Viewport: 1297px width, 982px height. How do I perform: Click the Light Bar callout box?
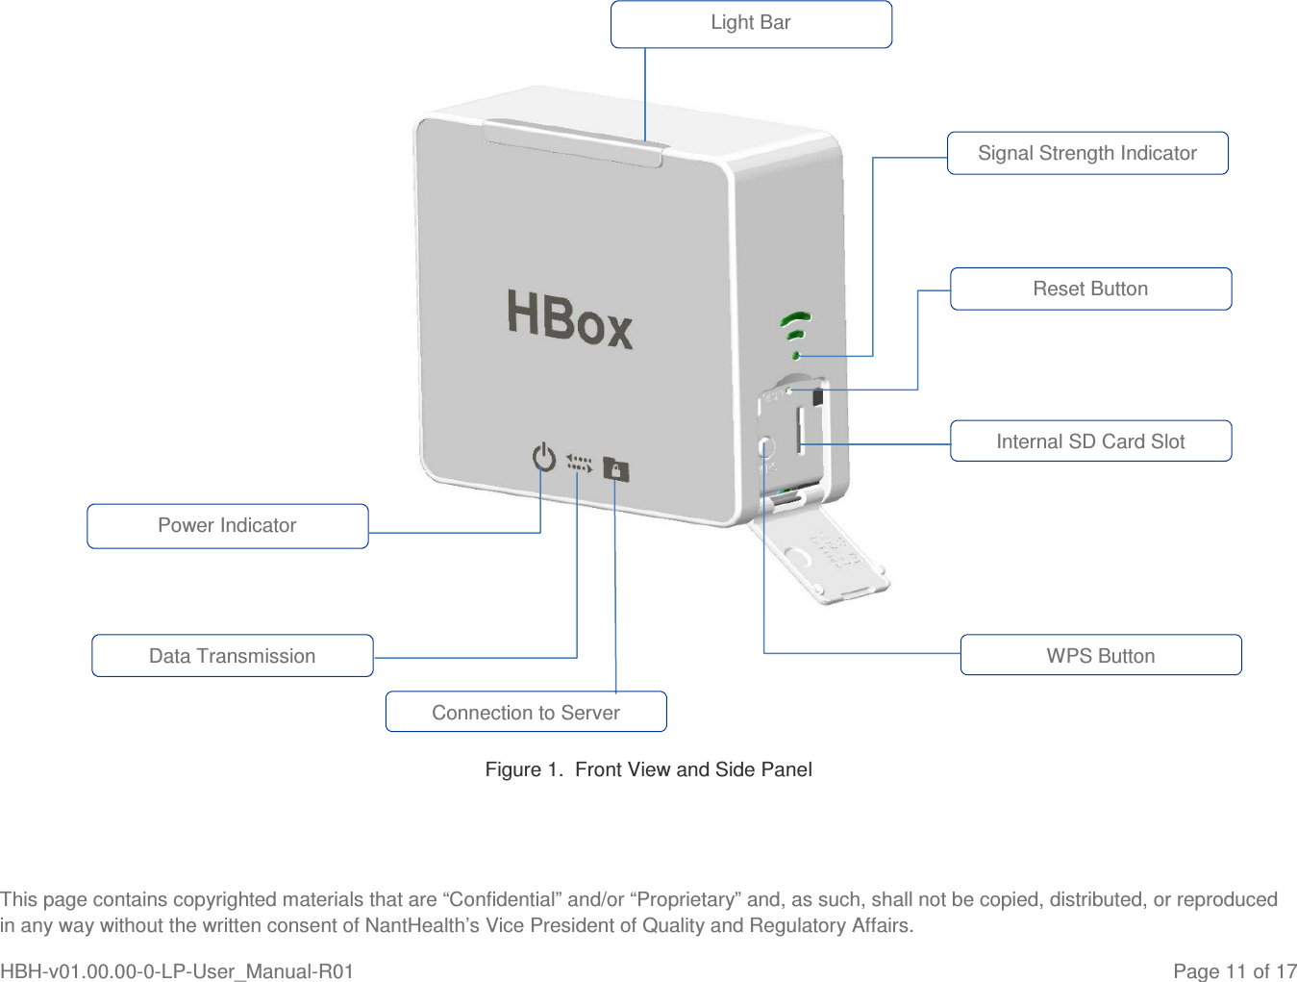coord(751,24)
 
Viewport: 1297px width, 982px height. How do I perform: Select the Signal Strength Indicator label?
coord(1087,153)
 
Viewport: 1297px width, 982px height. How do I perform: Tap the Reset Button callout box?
coord(1090,289)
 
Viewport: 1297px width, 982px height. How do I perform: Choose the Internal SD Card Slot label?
coord(1090,441)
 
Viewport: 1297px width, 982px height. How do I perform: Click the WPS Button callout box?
coord(1100,655)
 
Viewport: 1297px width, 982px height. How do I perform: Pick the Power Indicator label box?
coord(228,526)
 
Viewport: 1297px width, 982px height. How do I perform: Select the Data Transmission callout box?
coord(233,656)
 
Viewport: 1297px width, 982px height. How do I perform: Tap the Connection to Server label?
coord(526,712)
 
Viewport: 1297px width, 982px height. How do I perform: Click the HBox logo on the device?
coord(569,319)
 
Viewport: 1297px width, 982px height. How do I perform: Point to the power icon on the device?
coord(544,457)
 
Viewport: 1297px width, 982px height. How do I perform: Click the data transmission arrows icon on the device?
coord(579,464)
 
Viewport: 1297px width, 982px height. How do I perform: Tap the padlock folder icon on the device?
coord(615,469)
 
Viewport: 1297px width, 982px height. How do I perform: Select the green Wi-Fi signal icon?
coord(796,332)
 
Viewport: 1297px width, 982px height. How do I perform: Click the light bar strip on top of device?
coord(575,140)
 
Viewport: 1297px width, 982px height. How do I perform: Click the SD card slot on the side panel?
coord(800,430)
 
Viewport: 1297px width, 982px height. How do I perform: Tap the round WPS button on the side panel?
coord(766,448)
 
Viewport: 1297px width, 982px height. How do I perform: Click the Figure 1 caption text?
coord(648,769)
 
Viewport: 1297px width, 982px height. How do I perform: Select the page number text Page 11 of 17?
coord(1235,971)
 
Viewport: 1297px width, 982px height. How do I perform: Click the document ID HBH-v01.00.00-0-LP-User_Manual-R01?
coord(177,971)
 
